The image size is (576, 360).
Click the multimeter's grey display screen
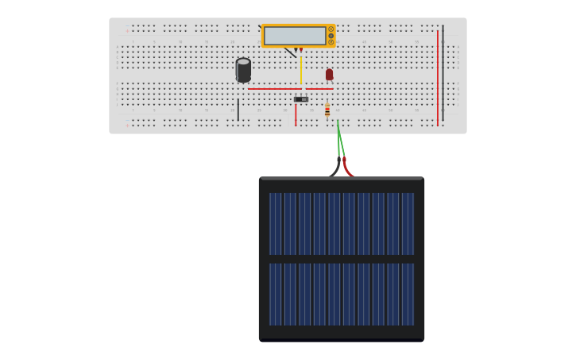(x=295, y=36)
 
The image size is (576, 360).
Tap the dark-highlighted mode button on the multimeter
(x=331, y=36)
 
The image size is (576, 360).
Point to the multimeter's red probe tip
(x=301, y=50)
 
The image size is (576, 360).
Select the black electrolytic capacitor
(x=243, y=69)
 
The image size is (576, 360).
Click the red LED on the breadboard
(x=329, y=74)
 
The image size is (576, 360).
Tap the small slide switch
(x=301, y=99)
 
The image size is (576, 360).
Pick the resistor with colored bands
(x=327, y=110)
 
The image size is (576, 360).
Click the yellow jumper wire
(x=300, y=68)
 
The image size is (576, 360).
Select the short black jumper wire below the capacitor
(x=238, y=110)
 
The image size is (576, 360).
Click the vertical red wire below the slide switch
(x=296, y=114)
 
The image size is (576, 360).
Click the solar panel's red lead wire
(x=347, y=169)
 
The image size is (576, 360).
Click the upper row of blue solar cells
(x=341, y=223)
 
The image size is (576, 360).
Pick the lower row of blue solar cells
(x=341, y=294)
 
